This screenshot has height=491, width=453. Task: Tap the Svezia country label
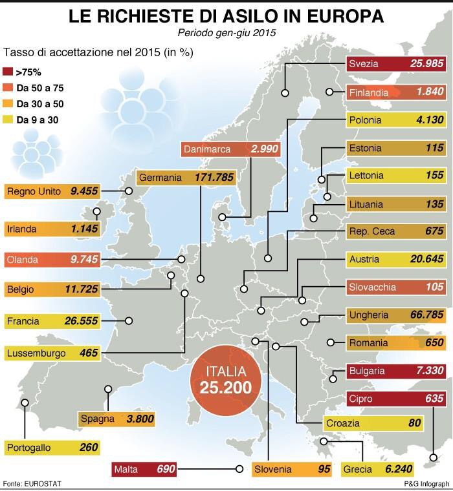[x=365, y=64]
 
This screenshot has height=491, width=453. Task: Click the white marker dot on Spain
[x=107, y=389]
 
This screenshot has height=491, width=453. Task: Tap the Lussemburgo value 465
[x=89, y=353]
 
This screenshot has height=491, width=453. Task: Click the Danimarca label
[x=207, y=149]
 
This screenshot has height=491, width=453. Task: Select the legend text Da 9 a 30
[x=38, y=120]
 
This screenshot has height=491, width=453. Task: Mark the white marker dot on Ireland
[x=97, y=211]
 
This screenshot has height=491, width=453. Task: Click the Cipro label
[x=360, y=399]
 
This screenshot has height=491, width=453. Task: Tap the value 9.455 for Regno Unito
[x=84, y=191]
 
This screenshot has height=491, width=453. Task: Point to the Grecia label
[x=357, y=470]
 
